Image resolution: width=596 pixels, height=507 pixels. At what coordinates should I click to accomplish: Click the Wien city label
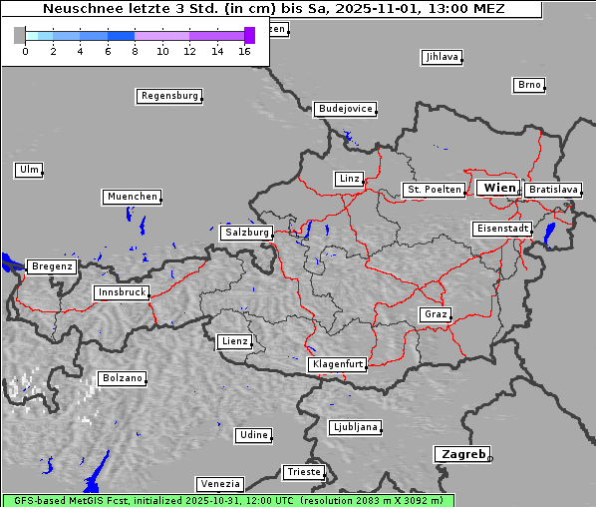click(498, 188)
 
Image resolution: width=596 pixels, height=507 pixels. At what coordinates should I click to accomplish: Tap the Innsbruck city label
click(121, 292)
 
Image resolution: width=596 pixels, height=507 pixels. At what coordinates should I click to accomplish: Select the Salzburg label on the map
click(246, 232)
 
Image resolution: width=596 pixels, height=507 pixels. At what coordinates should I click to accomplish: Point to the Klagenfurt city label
click(337, 364)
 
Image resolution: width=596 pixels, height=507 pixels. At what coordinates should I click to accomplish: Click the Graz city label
click(435, 314)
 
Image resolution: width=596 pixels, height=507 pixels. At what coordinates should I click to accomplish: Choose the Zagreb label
click(461, 454)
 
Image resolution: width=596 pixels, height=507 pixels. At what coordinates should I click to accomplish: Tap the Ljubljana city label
click(355, 427)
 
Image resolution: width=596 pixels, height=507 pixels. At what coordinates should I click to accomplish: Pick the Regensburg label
click(168, 96)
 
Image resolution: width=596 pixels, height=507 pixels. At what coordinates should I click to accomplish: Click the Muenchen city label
click(132, 197)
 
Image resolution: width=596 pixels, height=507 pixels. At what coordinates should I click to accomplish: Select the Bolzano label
click(122, 378)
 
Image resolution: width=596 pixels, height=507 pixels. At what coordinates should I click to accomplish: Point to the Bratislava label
click(552, 189)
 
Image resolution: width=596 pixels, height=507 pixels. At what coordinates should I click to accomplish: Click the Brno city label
click(528, 85)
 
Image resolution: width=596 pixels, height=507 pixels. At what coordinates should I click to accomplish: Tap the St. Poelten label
click(433, 189)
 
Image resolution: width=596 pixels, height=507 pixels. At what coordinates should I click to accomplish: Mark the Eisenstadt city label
click(501, 229)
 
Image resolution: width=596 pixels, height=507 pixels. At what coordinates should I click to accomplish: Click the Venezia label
click(218, 483)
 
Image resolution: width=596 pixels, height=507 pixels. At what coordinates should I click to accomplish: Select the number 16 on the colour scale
click(244, 51)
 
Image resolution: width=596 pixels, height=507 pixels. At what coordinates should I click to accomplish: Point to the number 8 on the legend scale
click(135, 51)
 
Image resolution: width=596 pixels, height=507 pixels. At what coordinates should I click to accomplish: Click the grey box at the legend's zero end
click(20, 35)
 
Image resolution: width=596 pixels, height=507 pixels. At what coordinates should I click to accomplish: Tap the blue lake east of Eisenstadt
click(549, 235)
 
